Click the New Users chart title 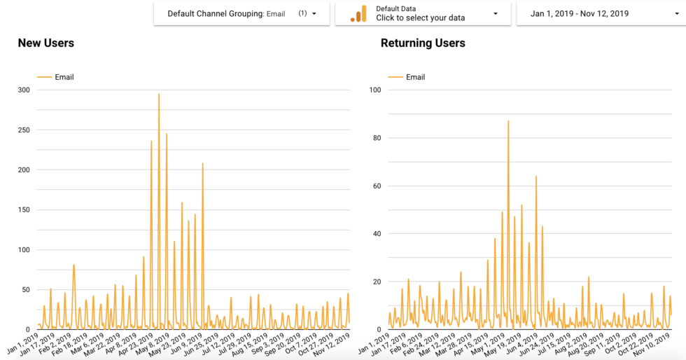pyautogui.click(x=46, y=43)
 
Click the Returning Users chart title pyautogui.click(x=423, y=43)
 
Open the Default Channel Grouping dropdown pyautogui.click(x=241, y=13)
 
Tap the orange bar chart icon pyautogui.click(x=358, y=14)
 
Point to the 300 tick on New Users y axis pyautogui.click(x=24, y=90)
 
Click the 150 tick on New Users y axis pyautogui.click(x=24, y=210)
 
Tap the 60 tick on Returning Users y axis pyautogui.click(x=376, y=186)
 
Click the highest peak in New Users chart pyautogui.click(x=159, y=94)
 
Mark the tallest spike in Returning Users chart pyautogui.click(x=508, y=121)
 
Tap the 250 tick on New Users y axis pyautogui.click(x=24, y=130)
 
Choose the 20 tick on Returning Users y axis pyautogui.click(x=376, y=282)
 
